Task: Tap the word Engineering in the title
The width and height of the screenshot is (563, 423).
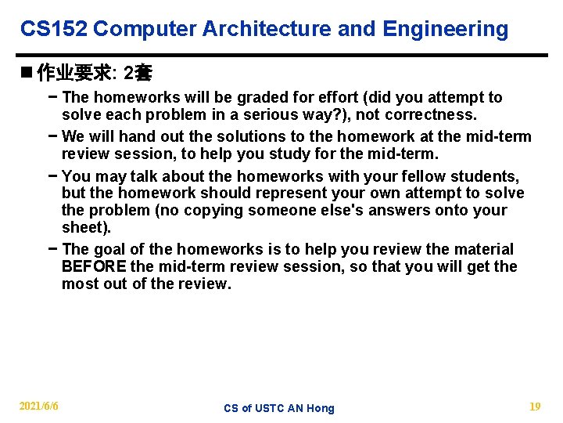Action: pos(445,30)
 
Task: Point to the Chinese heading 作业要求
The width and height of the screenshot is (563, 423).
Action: pos(74,74)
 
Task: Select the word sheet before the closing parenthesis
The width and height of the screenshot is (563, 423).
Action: pos(83,228)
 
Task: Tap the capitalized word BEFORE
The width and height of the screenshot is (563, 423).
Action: pos(94,267)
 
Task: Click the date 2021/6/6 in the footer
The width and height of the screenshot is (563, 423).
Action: pos(39,406)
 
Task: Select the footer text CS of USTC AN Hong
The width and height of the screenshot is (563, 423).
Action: pos(278,408)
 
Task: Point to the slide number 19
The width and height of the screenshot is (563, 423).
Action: pos(535,406)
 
